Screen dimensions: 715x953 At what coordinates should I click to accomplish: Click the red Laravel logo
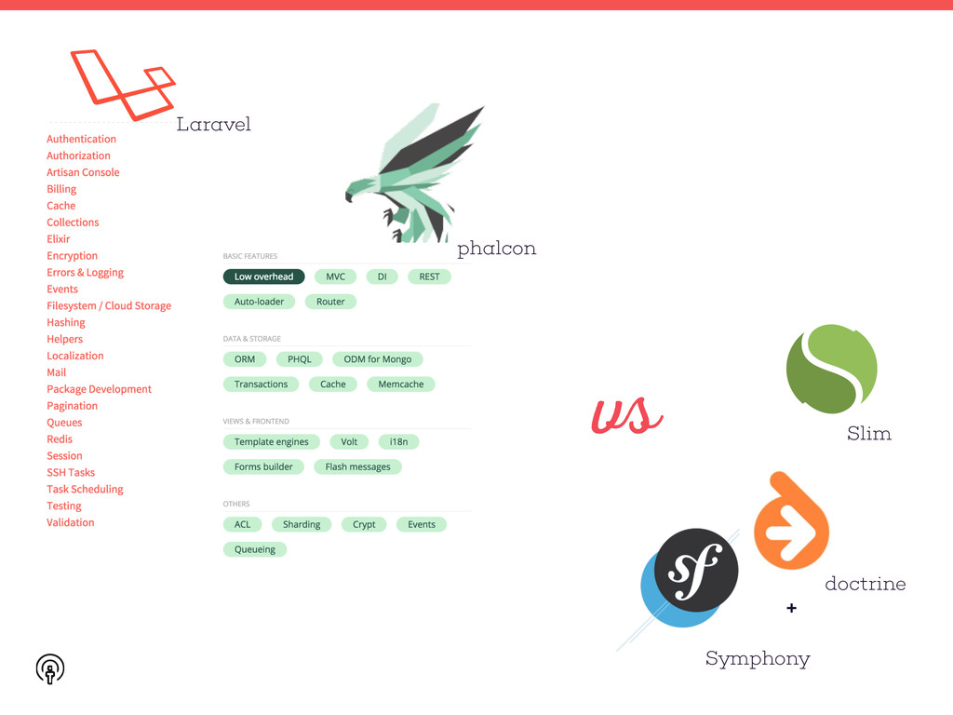pos(122,85)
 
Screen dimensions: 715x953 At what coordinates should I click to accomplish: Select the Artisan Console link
pos(83,172)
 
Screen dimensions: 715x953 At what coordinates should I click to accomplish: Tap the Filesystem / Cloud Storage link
pos(109,305)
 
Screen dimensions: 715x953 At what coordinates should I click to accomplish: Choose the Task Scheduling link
pos(85,489)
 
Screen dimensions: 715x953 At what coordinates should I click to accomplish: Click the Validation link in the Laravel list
pos(71,522)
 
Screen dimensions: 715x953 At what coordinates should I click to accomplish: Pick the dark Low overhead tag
pos(263,277)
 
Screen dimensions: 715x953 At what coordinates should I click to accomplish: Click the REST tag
pos(429,277)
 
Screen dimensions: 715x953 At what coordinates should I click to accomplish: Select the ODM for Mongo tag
pos(377,359)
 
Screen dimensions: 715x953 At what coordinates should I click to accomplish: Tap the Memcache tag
pos(400,384)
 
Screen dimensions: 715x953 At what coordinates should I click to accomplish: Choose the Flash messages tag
pos(357,466)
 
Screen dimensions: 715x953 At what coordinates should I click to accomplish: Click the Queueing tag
pos(255,549)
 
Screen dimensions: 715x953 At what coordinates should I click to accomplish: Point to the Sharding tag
pos(302,524)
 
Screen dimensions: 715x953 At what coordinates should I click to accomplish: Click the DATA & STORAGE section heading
pos(251,339)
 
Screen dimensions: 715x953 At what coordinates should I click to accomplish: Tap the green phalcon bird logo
pos(414,172)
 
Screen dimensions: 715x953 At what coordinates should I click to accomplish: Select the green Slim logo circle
pos(831,370)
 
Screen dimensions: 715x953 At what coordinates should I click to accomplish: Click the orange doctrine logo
pos(790,522)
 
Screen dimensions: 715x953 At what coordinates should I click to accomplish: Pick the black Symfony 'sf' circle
pos(696,570)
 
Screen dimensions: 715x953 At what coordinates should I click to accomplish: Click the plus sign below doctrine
pos(791,608)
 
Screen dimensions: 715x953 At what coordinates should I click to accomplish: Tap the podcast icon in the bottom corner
pos(50,668)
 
